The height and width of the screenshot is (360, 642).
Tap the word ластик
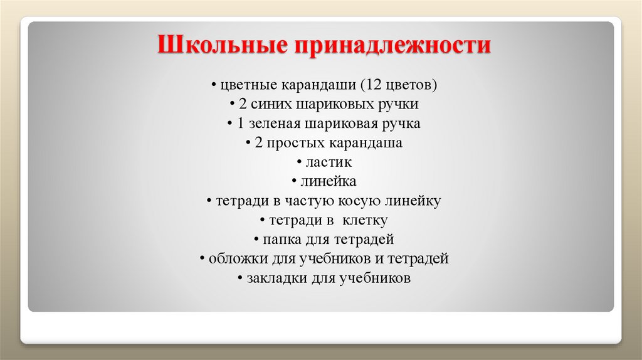(x=329, y=162)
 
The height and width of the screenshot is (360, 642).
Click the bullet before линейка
(x=294, y=182)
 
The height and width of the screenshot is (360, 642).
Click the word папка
(x=282, y=240)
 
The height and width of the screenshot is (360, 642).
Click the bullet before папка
(x=258, y=240)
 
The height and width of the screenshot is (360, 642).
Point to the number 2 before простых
(x=258, y=143)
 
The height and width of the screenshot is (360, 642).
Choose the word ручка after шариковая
(x=401, y=124)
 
